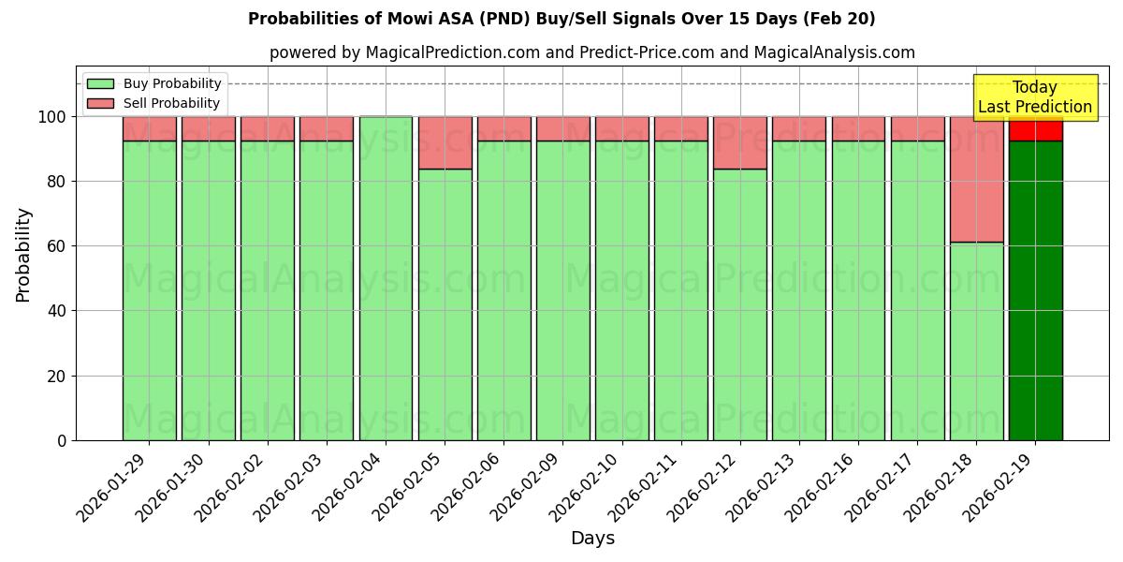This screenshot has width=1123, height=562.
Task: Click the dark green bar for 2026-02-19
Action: pos(1035,290)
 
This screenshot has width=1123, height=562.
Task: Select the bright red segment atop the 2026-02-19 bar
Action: pos(1035,129)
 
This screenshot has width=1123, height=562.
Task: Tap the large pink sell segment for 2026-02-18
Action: pos(976,179)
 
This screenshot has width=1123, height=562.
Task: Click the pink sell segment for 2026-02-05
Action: pos(445,142)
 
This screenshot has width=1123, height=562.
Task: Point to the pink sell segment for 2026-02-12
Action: pos(739,142)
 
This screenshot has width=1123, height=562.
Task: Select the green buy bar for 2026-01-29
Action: pos(149,290)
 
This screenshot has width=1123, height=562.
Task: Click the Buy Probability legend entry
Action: pos(155,83)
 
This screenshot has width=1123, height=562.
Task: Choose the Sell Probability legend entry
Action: pos(155,103)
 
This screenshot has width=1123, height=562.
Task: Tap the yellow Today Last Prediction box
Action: pos(1035,97)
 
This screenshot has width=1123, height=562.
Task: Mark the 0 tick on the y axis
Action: pos(62,440)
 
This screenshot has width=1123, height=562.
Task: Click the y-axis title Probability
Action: pos(23,254)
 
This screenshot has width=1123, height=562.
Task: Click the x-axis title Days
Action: pos(592,539)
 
